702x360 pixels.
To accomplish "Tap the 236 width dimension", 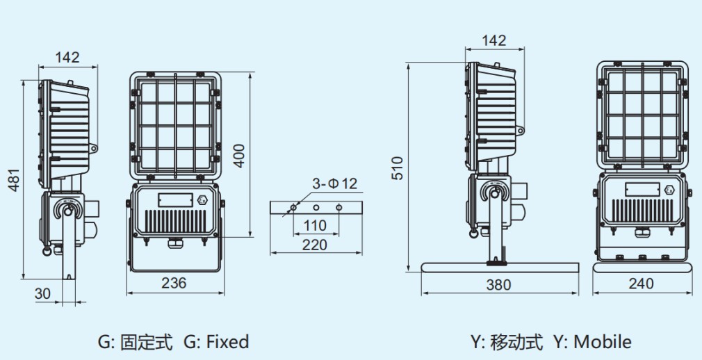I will (x=174, y=283).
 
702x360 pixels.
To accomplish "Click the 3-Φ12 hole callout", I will (x=334, y=183).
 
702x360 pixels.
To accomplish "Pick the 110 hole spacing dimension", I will (x=316, y=225).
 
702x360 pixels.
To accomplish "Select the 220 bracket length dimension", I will (x=316, y=245).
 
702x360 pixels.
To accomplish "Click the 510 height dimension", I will (x=397, y=168).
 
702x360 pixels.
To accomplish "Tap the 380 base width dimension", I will (x=498, y=284).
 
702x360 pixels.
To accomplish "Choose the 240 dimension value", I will (x=641, y=284).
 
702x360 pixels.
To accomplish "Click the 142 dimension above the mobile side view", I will (x=493, y=40).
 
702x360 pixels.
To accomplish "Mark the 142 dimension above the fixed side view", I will (x=67, y=58).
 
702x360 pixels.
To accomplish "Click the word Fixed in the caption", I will (x=226, y=341).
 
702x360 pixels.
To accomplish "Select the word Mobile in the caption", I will (x=603, y=341).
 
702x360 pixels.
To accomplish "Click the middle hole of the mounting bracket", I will (x=316, y=207).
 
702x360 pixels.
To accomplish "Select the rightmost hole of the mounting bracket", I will (x=339, y=207).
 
